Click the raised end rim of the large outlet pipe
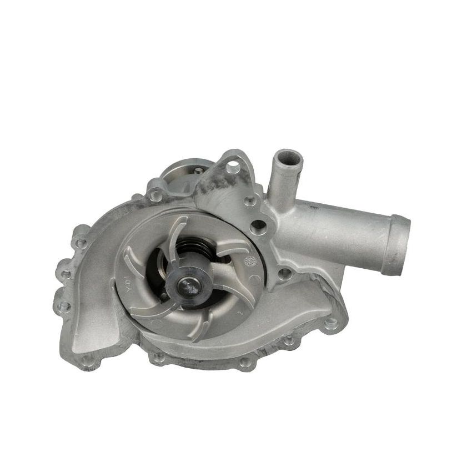[x=399, y=244]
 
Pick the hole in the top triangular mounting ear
[x=234, y=166]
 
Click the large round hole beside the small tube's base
[x=257, y=226]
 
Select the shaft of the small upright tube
[x=282, y=183]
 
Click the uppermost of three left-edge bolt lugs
[x=80, y=243]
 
